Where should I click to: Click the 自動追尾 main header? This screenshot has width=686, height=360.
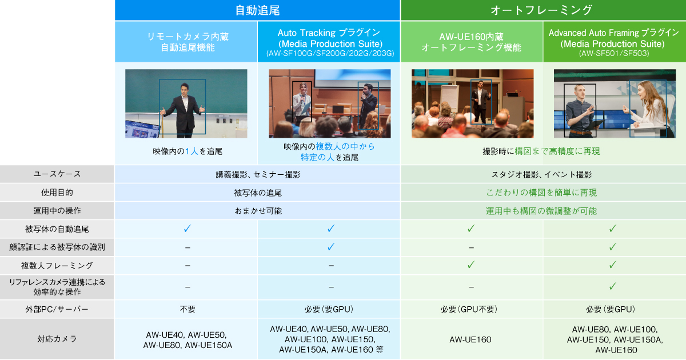tap(257, 10)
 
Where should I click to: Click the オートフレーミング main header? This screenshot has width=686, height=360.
tap(541, 10)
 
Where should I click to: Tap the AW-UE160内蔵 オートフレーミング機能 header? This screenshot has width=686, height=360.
tap(471, 42)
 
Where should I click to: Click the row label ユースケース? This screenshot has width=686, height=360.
tap(57, 174)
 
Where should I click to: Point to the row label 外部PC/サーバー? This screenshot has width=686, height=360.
tap(57, 309)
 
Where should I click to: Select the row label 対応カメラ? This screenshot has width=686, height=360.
tap(57, 339)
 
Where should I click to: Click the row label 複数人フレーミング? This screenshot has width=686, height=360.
tap(57, 266)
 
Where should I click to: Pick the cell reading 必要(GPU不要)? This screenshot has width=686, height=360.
tap(471, 309)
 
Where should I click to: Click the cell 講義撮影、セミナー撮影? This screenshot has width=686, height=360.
tap(258, 174)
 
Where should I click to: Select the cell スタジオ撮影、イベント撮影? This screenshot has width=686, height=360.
tap(541, 174)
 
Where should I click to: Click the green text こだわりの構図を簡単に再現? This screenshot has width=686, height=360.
tap(541, 193)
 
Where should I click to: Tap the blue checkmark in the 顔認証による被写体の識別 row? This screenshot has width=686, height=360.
tap(330, 247)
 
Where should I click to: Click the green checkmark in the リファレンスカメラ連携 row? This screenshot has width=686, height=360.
tap(612, 286)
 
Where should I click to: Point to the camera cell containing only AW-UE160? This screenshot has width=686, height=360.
tap(471, 339)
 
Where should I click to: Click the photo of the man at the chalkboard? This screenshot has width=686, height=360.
tap(186, 103)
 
